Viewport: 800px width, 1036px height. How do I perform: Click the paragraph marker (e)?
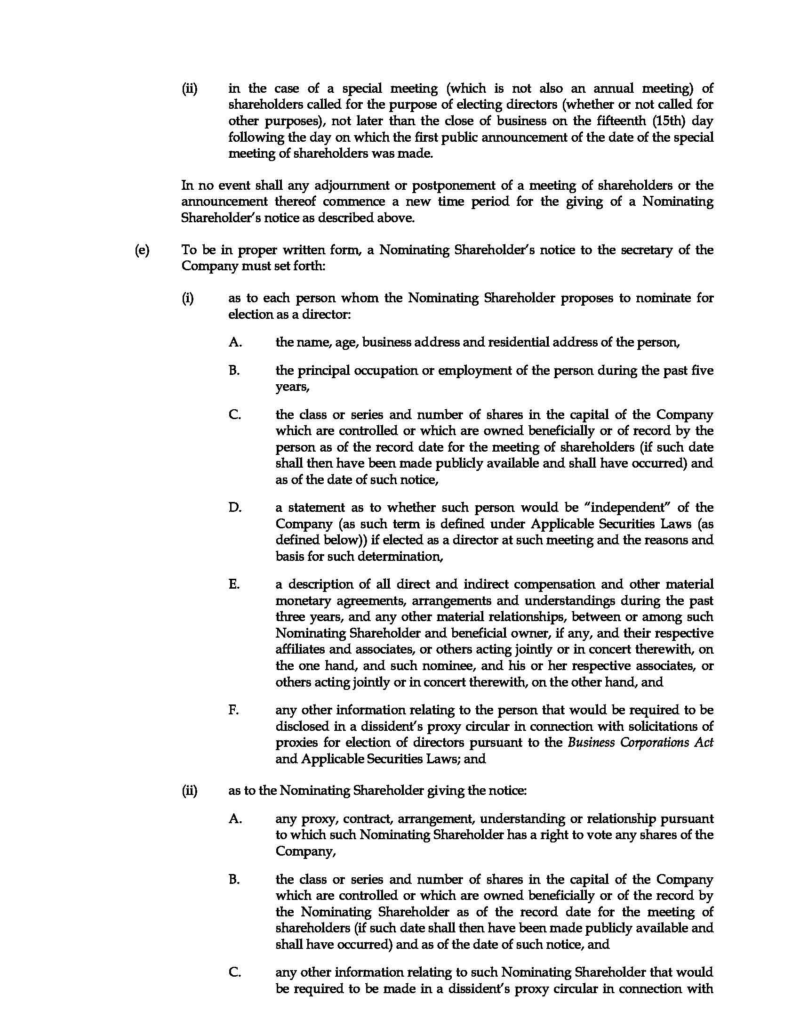pyautogui.click(x=142, y=250)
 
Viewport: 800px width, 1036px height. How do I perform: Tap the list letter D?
pyautogui.click(x=235, y=508)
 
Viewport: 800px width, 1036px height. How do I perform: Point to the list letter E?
pyautogui.click(x=234, y=584)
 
